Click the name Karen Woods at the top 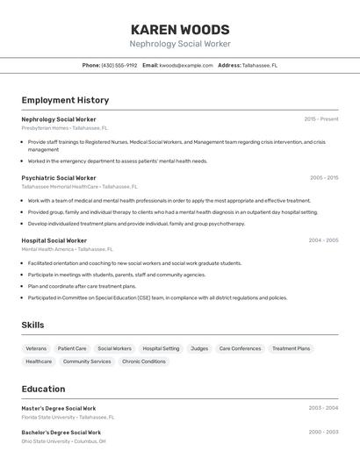180,29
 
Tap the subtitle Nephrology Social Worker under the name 180,44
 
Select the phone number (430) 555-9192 119,66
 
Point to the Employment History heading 65,100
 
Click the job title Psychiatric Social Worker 59,178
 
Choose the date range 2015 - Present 321,119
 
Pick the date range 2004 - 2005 323,240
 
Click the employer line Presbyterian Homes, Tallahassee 63,128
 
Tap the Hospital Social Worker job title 54,240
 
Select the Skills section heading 32,325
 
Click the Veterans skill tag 36,348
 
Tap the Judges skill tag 199,348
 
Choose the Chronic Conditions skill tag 144,361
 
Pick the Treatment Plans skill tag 291,348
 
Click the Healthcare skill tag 39,361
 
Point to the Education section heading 43,390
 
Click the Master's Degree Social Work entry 59,408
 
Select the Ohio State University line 63,441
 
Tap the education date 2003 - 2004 323,408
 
